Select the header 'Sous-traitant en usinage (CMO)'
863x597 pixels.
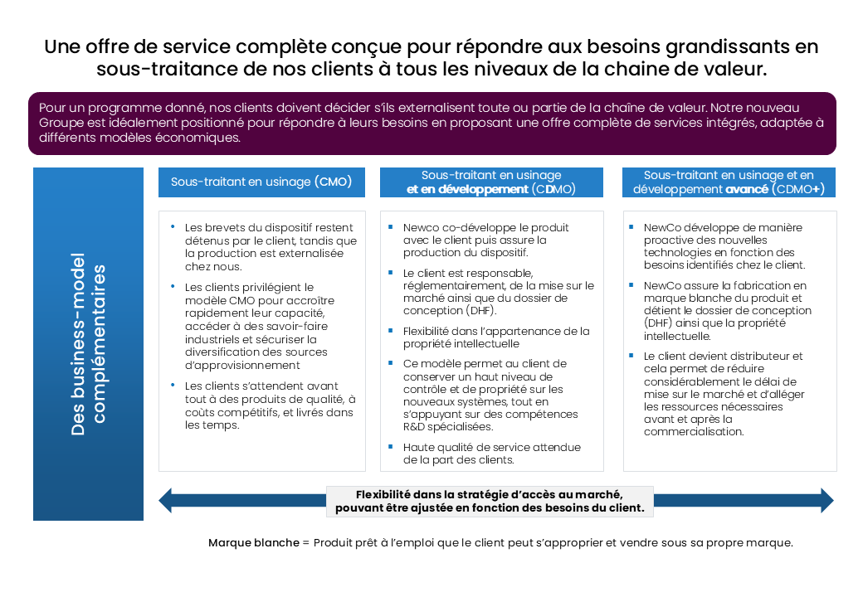pos(261,182)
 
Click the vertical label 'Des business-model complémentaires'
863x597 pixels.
pos(88,350)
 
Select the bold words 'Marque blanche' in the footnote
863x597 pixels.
pos(254,543)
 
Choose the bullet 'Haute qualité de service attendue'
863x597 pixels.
pos(491,454)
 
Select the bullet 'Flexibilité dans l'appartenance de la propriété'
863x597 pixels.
pos(495,337)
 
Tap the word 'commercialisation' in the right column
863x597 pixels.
pos(693,431)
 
